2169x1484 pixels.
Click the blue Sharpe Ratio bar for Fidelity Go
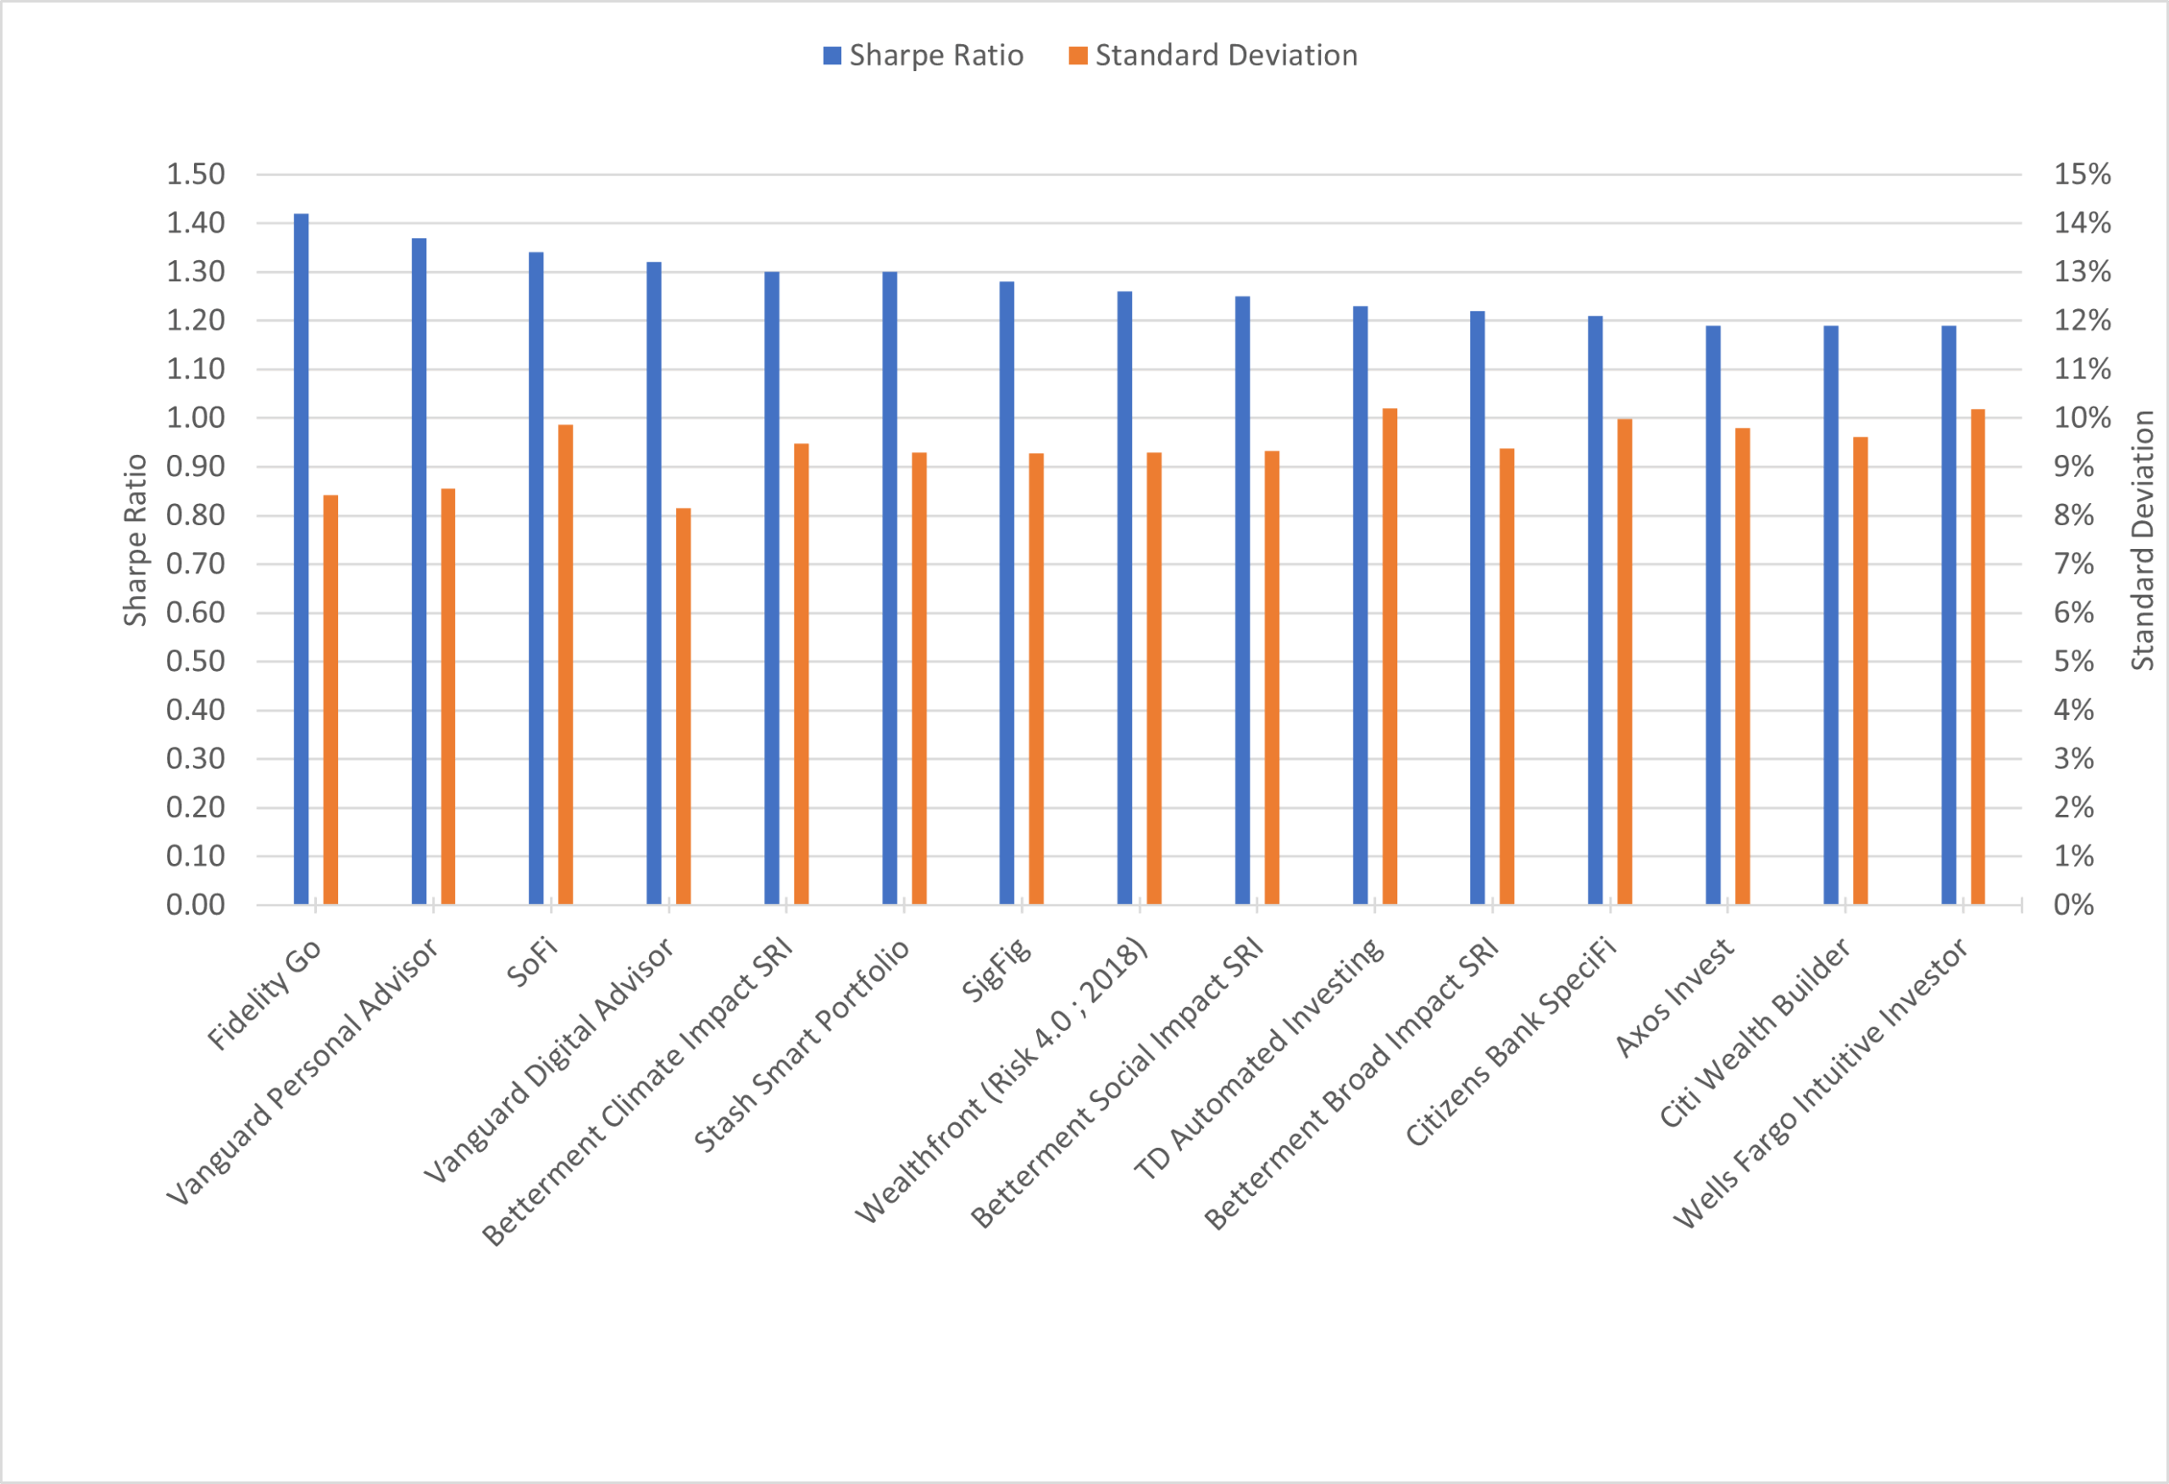tap(302, 560)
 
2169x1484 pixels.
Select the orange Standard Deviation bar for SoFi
tap(566, 665)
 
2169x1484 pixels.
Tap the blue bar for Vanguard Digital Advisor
tap(654, 584)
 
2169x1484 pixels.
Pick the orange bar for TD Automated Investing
tap(1390, 656)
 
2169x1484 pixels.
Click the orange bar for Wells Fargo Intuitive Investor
tap(1978, 656)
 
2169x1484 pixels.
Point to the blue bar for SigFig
tap(1007, 593)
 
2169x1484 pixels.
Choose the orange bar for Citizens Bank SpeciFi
tap(1625, 662)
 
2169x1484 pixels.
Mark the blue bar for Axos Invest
tap(1713, 615)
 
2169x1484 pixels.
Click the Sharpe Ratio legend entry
tap(924, 56)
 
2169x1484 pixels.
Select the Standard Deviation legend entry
tap(1213, 56)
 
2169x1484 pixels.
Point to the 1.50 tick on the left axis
tap(196, 174)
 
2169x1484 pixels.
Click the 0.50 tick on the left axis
tap(196, 662)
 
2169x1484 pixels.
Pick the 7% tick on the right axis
tap(2074, 564)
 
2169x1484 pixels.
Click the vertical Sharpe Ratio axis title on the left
tap(136, 540)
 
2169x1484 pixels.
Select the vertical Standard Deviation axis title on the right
tap(2143, 540)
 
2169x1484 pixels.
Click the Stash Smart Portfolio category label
tap(802, 1045)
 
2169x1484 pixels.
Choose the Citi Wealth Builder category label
tap(1756, 1033)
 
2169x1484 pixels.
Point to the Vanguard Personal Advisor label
tap(303, 1071)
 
